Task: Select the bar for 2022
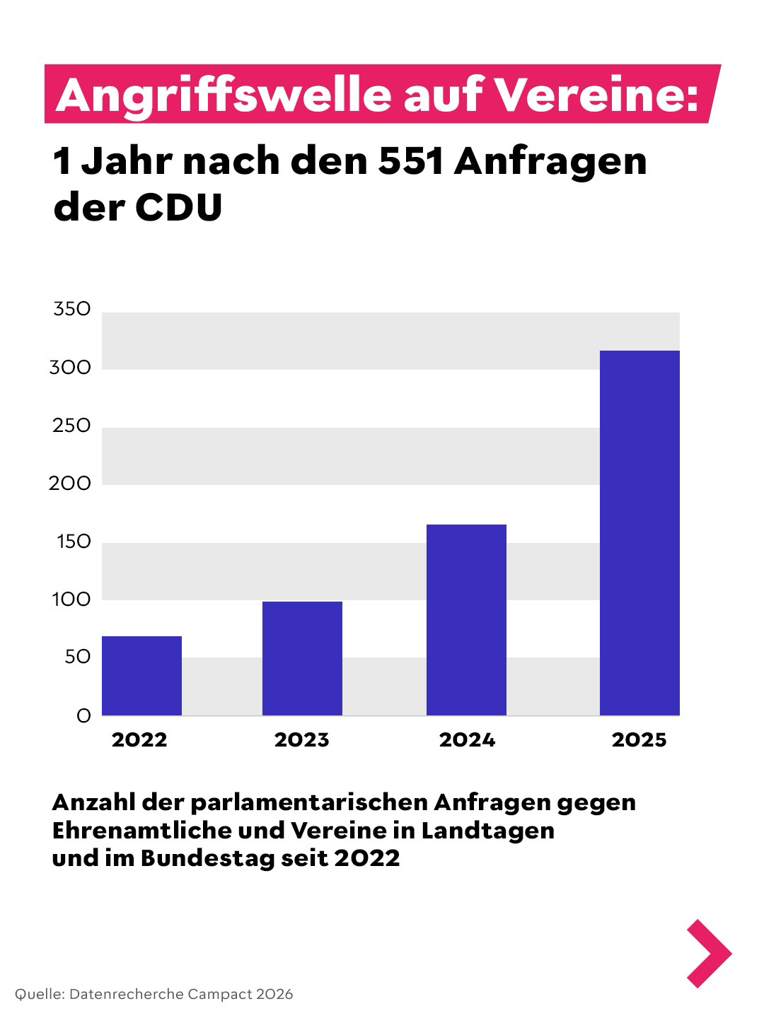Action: pos(141,676)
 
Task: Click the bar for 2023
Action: pos(302,658)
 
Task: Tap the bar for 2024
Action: pos(466,620)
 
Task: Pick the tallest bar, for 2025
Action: pos(639,533)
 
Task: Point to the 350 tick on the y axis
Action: pos(72,309)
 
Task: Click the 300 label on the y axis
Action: pos(70,368)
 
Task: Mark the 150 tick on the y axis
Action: pos(74,542)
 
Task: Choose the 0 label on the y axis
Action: pos(83,716)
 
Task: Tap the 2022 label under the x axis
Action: pos(139,740)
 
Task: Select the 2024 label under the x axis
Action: pos(467,740)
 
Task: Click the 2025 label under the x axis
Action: pos(639,740)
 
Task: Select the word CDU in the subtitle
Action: pos(178,207)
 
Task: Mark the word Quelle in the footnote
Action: pos(38,994)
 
